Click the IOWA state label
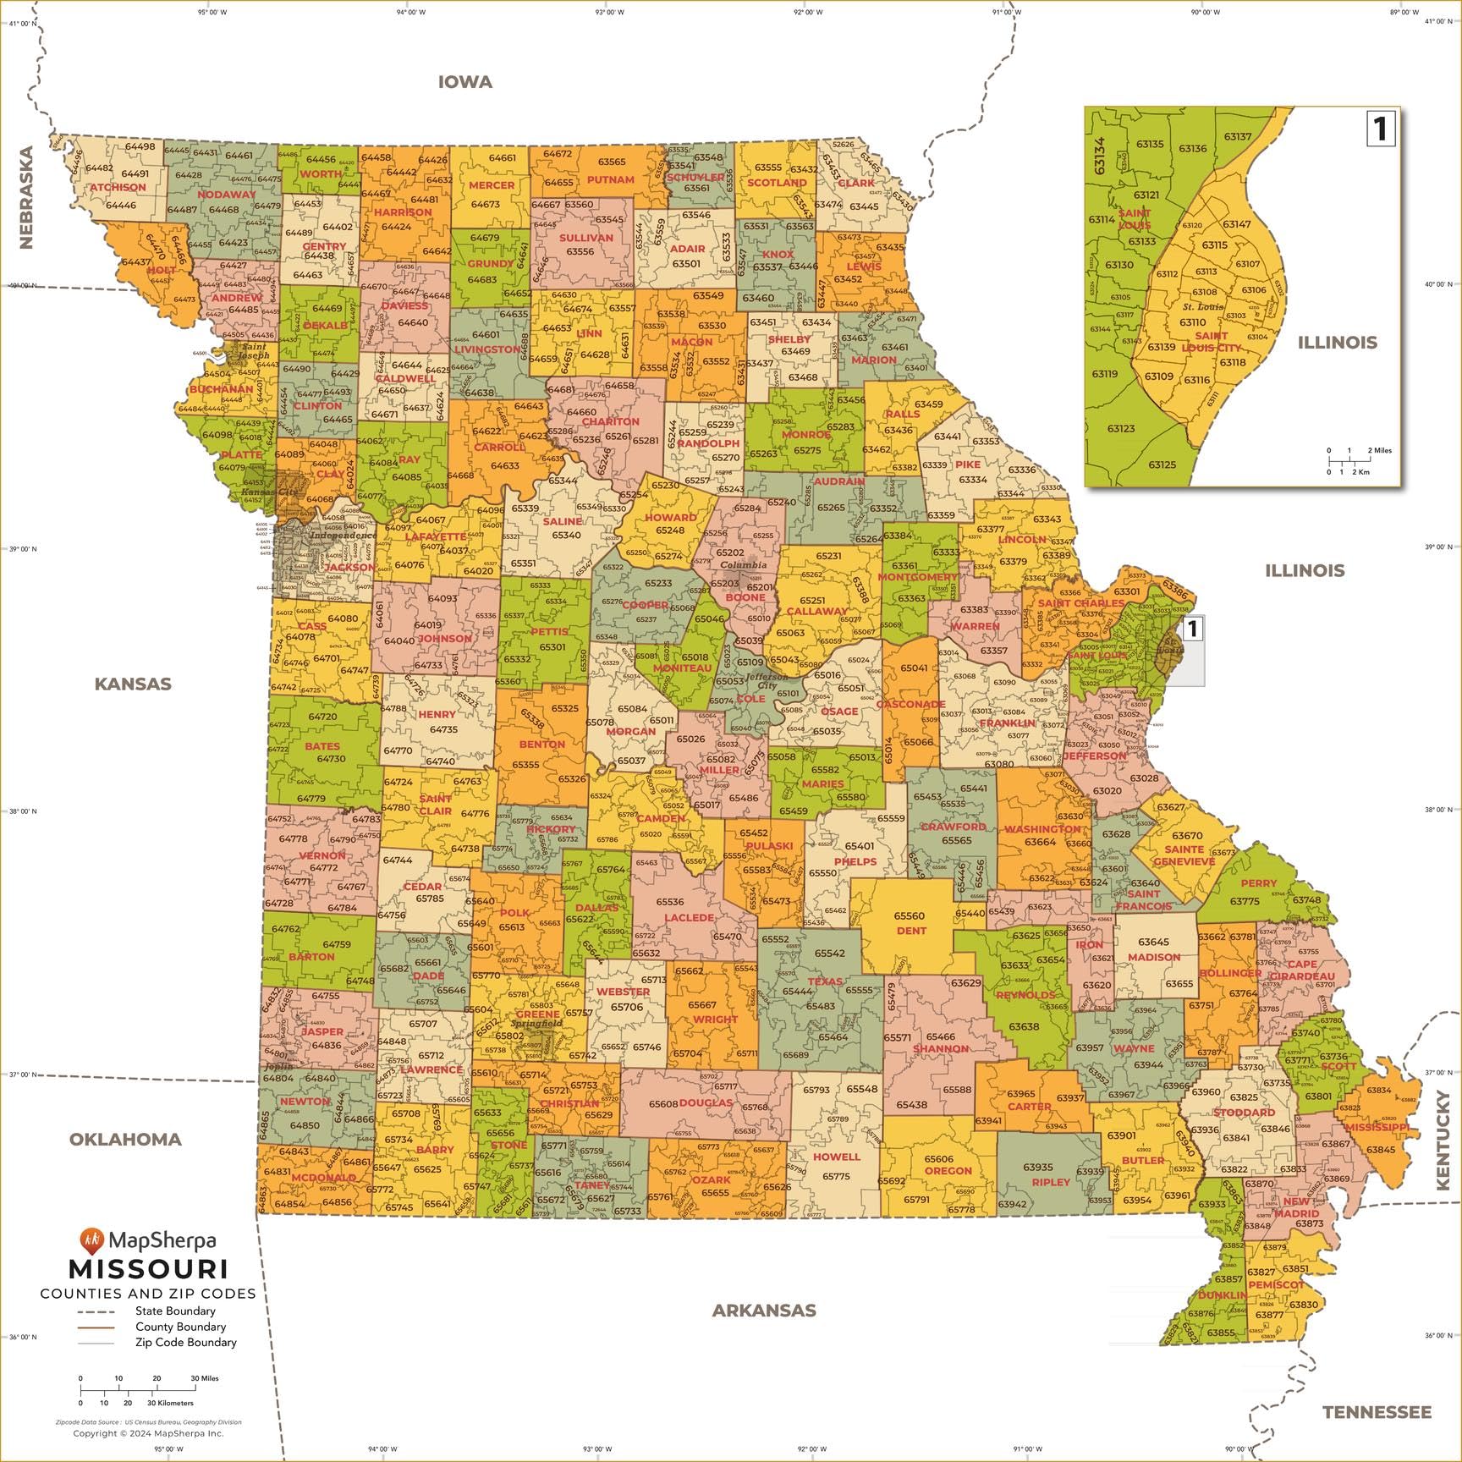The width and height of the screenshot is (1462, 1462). coord(464,82)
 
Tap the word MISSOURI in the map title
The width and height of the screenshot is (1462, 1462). coord(148,1269)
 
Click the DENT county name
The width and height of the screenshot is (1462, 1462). coord(911,931)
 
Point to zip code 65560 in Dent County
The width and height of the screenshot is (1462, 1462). coord(910,916)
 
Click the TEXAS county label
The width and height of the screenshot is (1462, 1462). coord(825,981)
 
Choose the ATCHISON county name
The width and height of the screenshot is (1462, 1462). coord(118,187)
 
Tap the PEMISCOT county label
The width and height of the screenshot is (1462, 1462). coord(1276,1284)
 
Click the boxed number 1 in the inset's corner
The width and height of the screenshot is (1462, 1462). coord(1380,129)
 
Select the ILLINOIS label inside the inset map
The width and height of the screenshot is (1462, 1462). coord(1338,343)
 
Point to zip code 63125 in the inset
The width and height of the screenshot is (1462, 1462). coord(1162,464)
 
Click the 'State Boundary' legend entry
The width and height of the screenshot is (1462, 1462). coord(175,1311)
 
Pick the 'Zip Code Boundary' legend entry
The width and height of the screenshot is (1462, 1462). coord(185,1342)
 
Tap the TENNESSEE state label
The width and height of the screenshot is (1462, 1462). coord(1377,1412)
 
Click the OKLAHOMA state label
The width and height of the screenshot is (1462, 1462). coord(125,1139)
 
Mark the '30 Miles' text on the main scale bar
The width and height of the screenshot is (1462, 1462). coord(205,1378)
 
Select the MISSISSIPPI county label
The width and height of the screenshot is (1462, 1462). coord(1377,1128)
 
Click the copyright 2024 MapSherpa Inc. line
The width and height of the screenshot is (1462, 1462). coord(148,1433)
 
